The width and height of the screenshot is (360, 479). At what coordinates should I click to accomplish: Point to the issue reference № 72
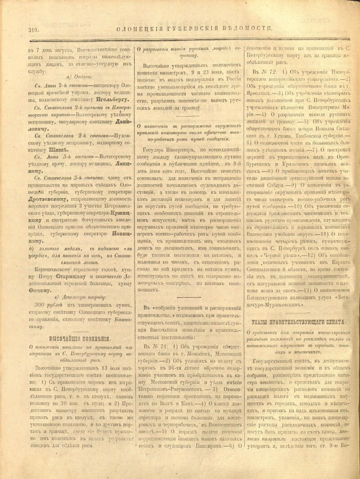pos(265,72)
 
